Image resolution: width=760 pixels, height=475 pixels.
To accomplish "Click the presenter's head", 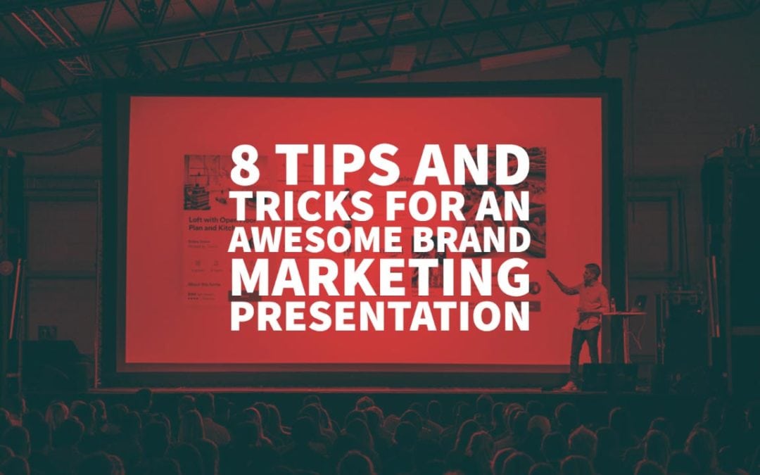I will pyautogui.click(x=593, y=271).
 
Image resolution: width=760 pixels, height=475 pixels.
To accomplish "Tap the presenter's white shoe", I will pyautogui.click(x=569, y=386).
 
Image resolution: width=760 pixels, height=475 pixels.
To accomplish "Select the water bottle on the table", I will pyautogui.click(x=614, y=305).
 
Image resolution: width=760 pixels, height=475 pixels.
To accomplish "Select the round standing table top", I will pyautogui.click(x=623, y=312).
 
